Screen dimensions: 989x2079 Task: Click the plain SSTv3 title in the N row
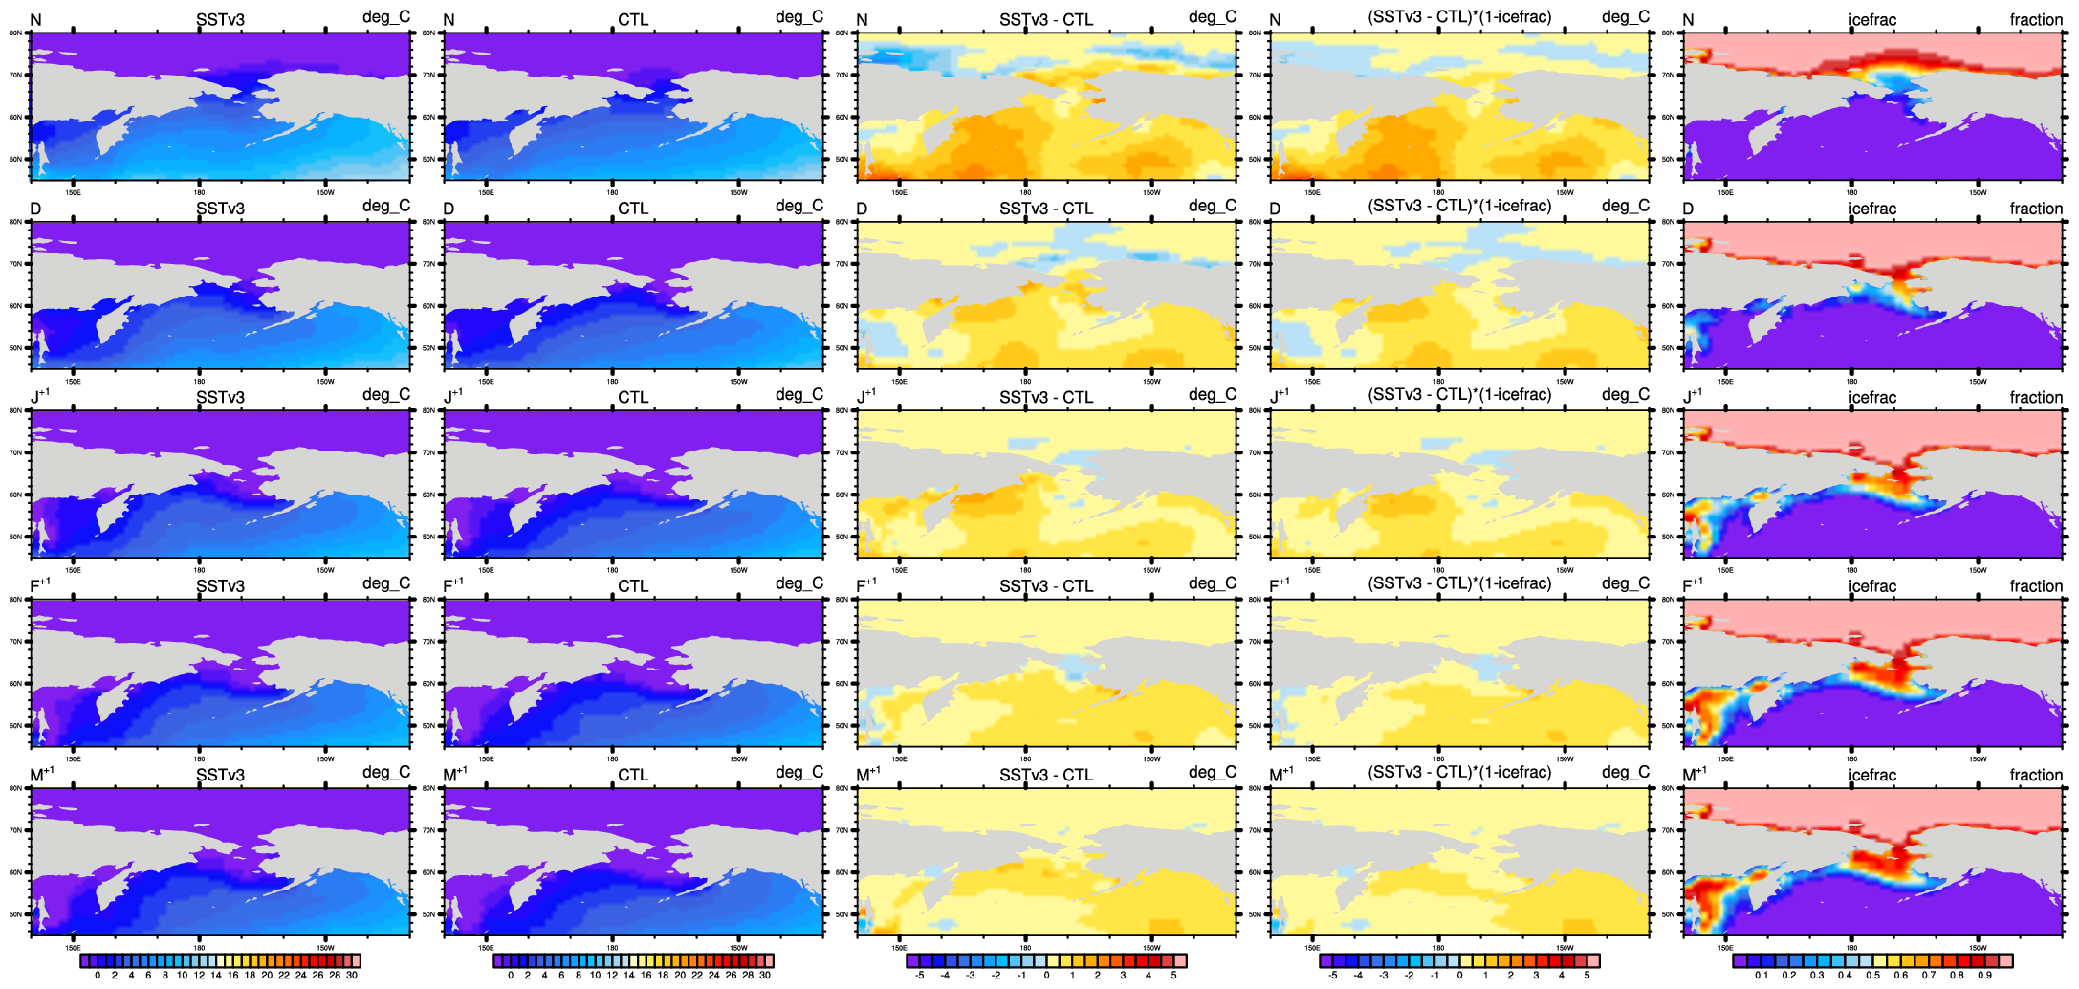pyautogui.click(x=220, y=20)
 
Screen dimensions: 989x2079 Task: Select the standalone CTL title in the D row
pyautogui.click(x=633, y=209)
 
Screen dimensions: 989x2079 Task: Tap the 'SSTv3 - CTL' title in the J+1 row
pyautogui.click(x=1046, y=397)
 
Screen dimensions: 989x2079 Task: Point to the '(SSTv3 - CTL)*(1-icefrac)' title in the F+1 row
pyautogui.click(x=1459, y=583)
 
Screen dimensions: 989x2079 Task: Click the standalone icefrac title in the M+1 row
pyautogui.click(x=1871, y=775)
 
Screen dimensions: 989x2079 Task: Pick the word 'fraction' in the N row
pyautogui.click(x=2036, y=20)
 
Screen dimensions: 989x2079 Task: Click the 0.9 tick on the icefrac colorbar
pyautogui.click(x=1984, y=976)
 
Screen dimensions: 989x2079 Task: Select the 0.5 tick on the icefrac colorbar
pyautogui.click(x=1872, y=976)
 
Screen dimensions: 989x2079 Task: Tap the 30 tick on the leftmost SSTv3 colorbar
pyautogui.click(x=352, y=976)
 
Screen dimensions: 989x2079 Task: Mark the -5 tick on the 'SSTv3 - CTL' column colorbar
pyautogui.click(x=919, y=976)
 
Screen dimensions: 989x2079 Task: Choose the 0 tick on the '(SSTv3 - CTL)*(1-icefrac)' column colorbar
pyautogui.click(x=1459, y=976)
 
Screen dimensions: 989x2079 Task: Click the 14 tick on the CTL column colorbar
pyautogui.click(x=629, y=976)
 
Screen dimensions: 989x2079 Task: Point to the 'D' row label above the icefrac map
pyautogui.click(x=1688, y=209)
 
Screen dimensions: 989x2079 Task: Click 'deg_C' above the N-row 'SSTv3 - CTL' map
pyautogui.click(x=1213, y=17)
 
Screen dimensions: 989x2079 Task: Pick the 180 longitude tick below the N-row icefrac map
pyautogui.click(x=1851, y=192)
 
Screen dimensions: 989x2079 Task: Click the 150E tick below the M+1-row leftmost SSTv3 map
pyautogui.click(x=73, y=948)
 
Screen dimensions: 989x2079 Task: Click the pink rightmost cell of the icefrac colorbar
pyautogui.click(x=2005, y=960)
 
